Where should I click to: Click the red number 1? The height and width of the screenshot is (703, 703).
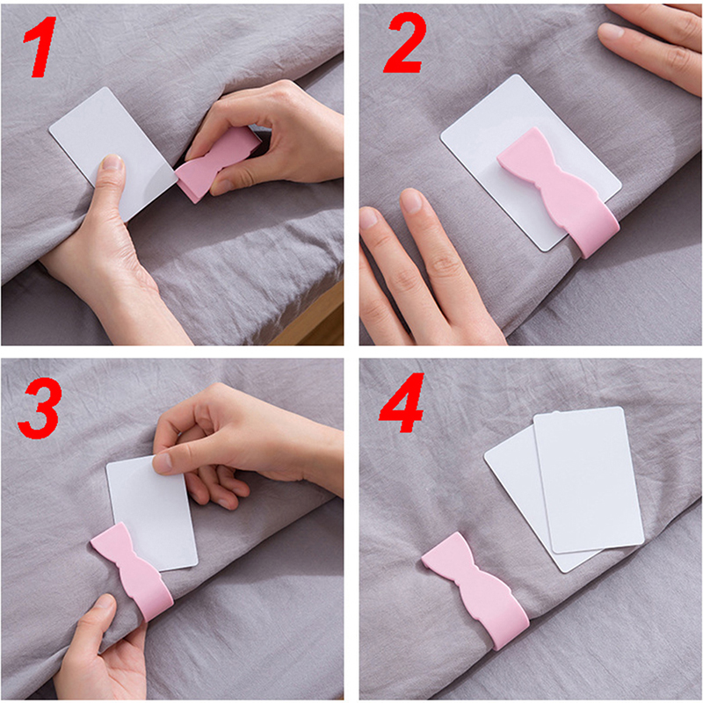(41, 47)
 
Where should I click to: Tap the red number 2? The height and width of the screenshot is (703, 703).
(405, 42)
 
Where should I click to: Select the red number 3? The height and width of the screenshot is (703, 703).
(39, 408)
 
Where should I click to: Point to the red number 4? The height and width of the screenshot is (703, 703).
(402, 403)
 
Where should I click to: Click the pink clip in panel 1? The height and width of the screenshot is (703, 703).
(217, 163)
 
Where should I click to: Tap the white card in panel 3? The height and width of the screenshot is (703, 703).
(152, 511)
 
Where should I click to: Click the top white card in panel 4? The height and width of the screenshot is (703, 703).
(588, 480)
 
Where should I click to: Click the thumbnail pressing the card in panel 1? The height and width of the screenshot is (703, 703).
(112, 162)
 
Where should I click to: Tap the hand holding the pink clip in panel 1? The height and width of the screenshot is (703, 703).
(265, 134)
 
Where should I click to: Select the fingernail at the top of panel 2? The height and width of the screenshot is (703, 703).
(611, 32)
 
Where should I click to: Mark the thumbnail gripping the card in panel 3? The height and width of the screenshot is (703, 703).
(162, 463)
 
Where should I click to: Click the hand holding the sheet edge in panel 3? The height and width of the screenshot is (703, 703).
(101, 650)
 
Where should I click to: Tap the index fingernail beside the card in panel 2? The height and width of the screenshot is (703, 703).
(411, 201)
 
